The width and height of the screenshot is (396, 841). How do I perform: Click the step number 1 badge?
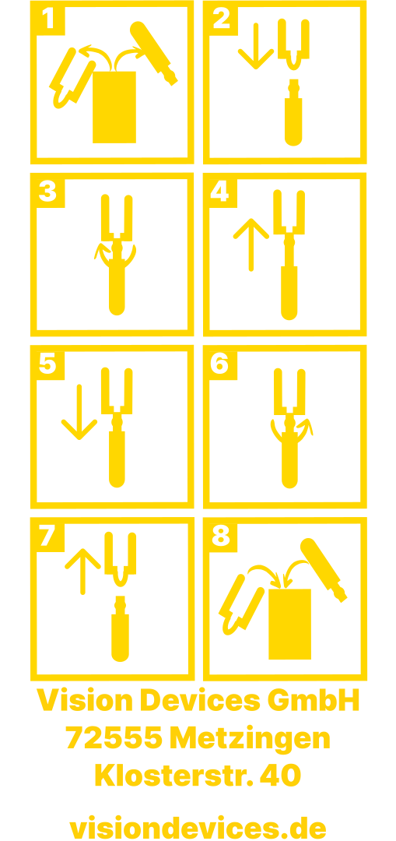click(48, 18)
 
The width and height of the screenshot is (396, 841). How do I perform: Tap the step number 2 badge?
click(221, 18)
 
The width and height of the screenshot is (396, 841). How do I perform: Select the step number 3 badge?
click(48, 191)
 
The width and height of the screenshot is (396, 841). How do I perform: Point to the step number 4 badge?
click(221, 191)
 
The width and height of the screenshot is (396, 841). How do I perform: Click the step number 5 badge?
click(48, 363)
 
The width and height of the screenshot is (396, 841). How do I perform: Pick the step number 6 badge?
click(221, 363)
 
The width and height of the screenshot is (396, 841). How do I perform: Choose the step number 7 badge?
click(48, 535)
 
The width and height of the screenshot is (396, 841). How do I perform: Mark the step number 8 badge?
click(221, 535)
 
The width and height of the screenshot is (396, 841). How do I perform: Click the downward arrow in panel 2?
click(256, 46)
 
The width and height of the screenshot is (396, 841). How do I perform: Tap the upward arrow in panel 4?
click(251, 245)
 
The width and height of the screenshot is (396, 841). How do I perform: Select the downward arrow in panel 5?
click(79, 412)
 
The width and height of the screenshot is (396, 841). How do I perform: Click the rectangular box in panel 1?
click(114, 107)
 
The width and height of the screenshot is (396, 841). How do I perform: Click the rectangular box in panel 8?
click(289, 624)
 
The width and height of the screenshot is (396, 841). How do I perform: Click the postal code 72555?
click(114, 738)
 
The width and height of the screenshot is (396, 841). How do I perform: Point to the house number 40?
click(280, 775)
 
